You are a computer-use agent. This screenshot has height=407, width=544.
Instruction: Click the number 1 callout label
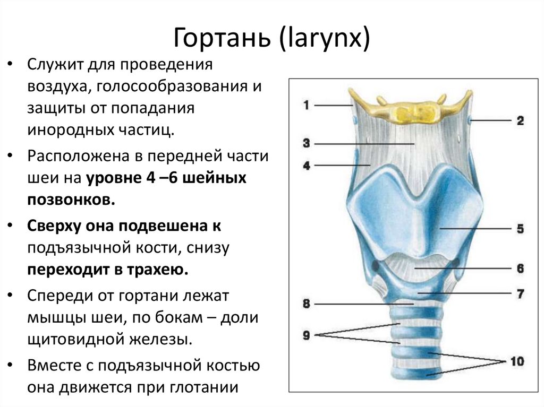[x=307, y=105]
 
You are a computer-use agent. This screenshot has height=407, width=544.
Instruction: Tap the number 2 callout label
[x=519, y=120]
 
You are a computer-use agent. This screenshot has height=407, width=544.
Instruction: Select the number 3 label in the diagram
[x=307, y=143]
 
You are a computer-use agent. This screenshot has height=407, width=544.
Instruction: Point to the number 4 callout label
[x=307, y=166]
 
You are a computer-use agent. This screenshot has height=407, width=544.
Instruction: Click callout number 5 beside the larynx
[x=519, y=229]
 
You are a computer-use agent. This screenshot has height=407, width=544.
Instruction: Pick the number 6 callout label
[x=519, y=269]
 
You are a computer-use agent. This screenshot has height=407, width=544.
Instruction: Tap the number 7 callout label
[x=519, y=293]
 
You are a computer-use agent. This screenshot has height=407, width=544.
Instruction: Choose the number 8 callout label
[x=307, y=304]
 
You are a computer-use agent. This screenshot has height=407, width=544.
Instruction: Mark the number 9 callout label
[x=307, y=335]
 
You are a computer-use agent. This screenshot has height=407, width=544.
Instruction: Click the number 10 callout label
[x=516, y=361]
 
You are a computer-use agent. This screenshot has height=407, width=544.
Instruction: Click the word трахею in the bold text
[x=160, y=270]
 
